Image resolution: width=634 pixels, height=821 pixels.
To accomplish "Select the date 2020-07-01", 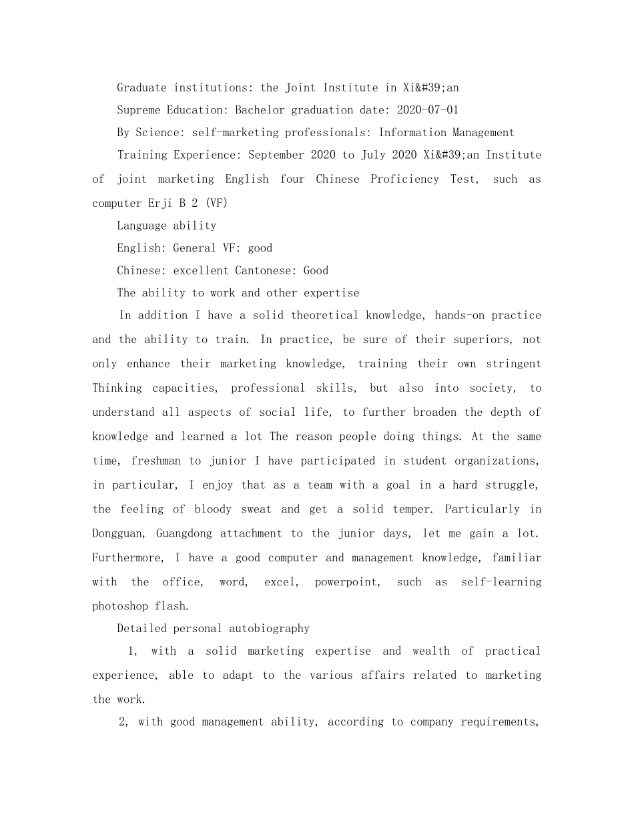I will [x=427, y=110].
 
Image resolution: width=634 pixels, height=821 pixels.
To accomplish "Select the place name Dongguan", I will [x=117, y=533].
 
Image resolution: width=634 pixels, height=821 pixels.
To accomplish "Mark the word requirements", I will [x=499, y=722].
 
